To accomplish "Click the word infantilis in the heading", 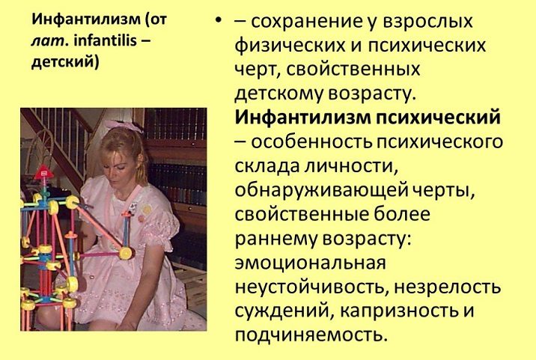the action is point(106,41).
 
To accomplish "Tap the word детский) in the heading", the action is point(65,63).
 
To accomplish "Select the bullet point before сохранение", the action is point(219,21).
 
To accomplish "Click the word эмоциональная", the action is point(311,263).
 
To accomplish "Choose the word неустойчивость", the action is point(311,287).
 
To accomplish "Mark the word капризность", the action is point(398,311).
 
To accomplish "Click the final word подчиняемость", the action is point(311,335).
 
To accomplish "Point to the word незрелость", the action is point(448,287).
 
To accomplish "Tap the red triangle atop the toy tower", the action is point(43,173).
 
